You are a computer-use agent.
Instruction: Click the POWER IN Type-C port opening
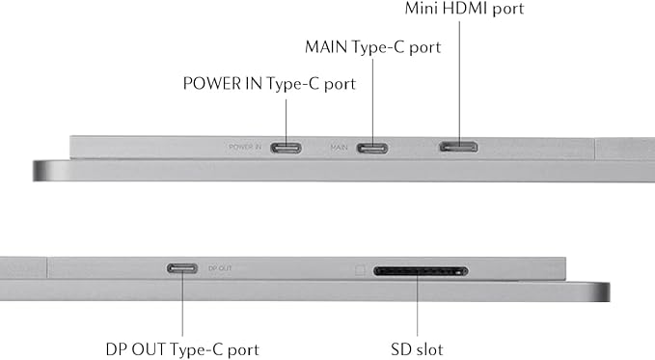click(286, 148)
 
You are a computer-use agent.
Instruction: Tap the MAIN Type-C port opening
click(372, 148)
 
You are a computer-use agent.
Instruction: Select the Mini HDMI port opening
click(458, 147)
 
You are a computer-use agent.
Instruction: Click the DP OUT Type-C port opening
click(182, 268)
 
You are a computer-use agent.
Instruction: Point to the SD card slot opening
click(421, 271)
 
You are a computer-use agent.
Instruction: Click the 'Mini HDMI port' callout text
click(464, 9)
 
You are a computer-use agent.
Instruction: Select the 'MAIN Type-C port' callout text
click(372, 47)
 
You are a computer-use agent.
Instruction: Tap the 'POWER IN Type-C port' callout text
click(269, 84)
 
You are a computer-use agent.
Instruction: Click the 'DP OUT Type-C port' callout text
click(182, 349)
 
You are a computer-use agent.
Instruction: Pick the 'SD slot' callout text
click(417, 349)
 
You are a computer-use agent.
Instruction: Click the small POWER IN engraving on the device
click(245, 147)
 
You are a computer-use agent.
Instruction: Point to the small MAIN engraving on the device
click(339, 148)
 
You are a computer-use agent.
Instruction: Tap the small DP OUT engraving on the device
click(220, 268)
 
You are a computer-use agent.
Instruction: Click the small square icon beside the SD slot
click(360, 270)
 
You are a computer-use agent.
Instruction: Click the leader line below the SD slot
click(417, 304)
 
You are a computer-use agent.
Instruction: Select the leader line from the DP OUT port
click(182, 302)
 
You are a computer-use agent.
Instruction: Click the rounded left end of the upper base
click(39, 171)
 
